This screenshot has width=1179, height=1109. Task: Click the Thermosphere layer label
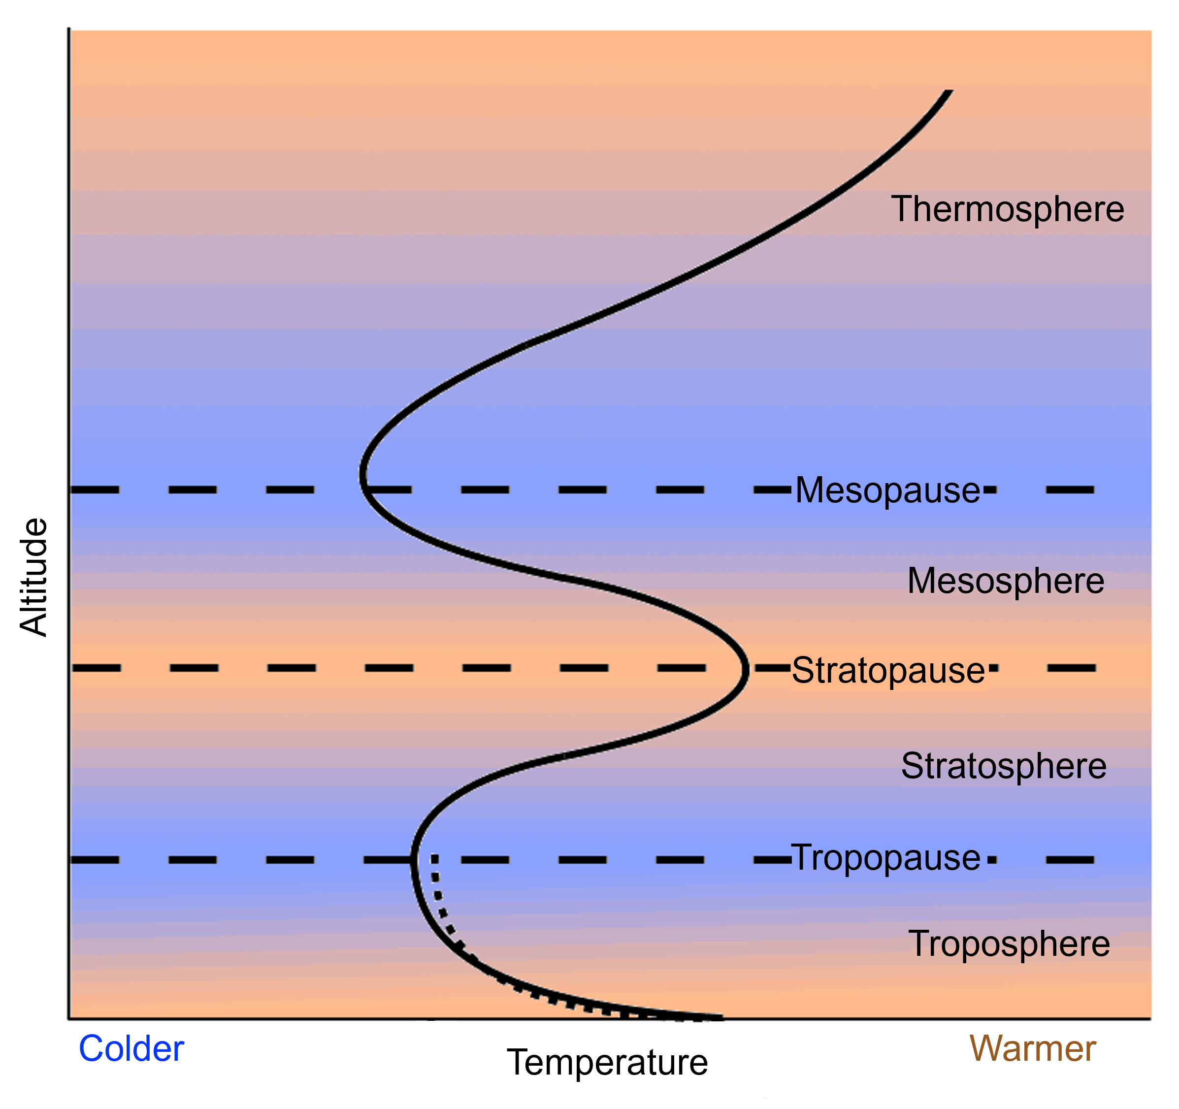(1007, 209)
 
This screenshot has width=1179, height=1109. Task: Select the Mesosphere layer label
(1006, 581)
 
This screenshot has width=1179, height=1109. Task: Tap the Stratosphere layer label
(1004, 766)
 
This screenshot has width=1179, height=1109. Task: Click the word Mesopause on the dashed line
(887, 490)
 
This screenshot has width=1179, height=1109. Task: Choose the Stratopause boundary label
(888, 670)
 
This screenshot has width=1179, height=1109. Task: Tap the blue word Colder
(131, 1048)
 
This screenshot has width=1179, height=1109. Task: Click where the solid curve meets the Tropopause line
(413, 859)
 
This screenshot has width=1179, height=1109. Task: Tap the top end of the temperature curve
(949, 92)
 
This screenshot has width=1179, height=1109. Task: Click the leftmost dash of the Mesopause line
(96, 490)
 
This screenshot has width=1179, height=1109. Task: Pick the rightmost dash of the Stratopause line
(1071, 668)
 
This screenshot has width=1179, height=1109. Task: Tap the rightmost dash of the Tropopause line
(1070, 859)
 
